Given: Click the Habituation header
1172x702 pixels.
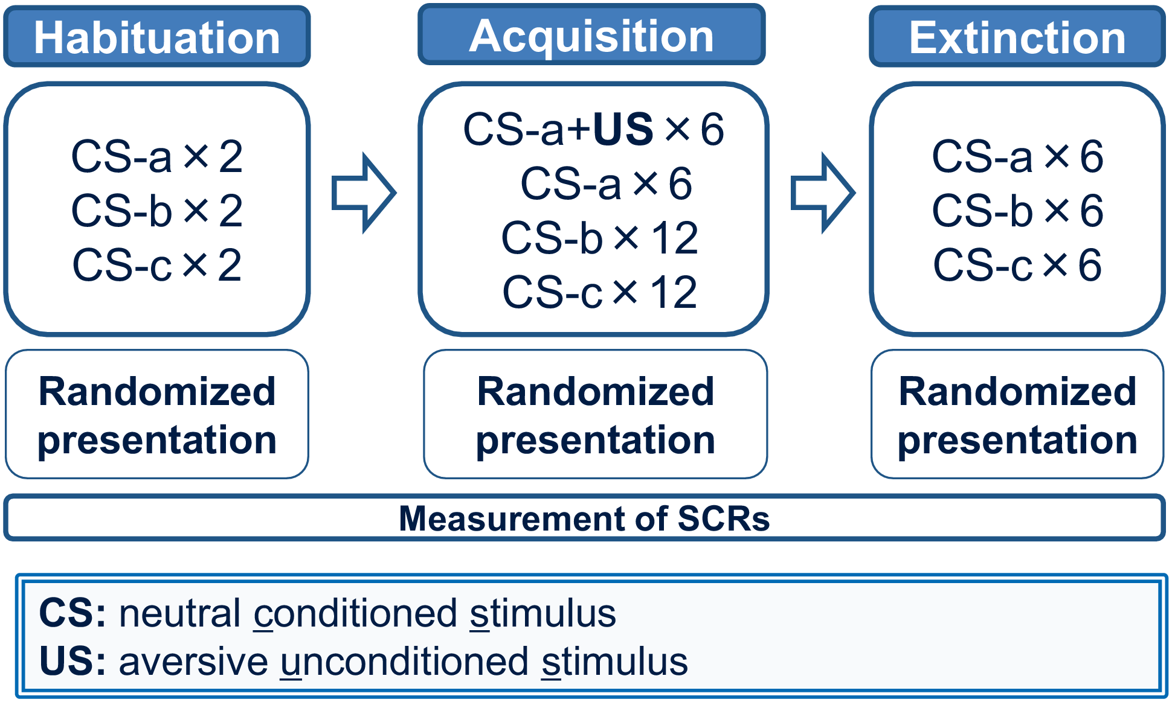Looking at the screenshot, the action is point(157,37).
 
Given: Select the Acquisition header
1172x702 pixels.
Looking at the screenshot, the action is point(591,35).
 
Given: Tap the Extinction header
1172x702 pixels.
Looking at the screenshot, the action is point(1017,37).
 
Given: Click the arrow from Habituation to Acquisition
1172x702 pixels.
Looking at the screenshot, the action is point(364,193).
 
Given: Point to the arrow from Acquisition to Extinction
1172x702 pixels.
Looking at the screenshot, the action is point(823,193).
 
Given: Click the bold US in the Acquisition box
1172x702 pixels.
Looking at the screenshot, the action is point(623,129).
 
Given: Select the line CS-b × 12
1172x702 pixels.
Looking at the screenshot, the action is point(600,238).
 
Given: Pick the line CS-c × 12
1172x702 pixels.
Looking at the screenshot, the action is point(600,292).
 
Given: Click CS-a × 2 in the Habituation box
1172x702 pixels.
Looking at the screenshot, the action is point(157,156).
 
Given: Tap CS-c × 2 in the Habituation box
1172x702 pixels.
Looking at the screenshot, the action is point(157,265).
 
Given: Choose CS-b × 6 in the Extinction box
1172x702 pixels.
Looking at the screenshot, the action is point(1018,211).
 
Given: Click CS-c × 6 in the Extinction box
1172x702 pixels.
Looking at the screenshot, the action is point(1018,265).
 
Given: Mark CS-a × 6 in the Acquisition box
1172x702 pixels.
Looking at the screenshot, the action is point(606,183).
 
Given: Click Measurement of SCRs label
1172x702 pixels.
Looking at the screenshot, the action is point(584,519).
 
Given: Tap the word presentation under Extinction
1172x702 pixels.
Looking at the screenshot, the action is point(1017,440).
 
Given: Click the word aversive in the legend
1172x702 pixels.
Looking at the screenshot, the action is point(193,662).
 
